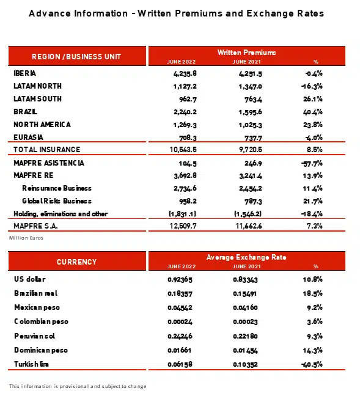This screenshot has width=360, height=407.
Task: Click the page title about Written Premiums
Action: tap(177, 13)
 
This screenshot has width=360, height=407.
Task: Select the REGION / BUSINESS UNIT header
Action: tap(76, 56)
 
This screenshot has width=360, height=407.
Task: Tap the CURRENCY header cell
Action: tap(76, 262)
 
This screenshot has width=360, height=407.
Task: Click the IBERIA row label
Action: tap(25, 73)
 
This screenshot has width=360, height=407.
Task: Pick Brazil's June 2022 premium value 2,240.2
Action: tap(182, 111)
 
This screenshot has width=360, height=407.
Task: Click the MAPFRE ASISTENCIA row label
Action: tap(49, 163)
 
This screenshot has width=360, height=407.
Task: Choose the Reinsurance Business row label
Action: tap(57, 188)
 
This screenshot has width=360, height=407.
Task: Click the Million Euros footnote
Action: tap(26, 238)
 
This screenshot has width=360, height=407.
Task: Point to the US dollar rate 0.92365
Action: tap(181, 279)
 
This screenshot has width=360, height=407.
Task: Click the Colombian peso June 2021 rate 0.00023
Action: tap(246, 321)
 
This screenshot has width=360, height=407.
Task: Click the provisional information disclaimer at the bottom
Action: tap(78, 386)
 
